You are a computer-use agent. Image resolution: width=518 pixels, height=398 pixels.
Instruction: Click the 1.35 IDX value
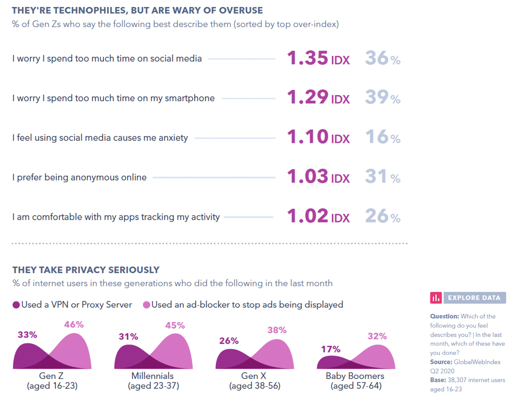[318, 59]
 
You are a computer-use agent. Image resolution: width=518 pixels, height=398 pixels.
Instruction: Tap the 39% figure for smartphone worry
[382, 98]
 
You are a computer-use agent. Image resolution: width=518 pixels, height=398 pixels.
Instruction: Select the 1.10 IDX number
[318, 138]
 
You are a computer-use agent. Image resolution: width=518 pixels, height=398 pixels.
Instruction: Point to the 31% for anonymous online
[382, 177]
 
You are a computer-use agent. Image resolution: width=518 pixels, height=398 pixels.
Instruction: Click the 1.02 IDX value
[318, 217]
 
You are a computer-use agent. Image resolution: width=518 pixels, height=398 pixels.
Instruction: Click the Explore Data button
[468, 297]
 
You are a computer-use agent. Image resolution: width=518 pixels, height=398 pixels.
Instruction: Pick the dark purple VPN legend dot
[16, 305]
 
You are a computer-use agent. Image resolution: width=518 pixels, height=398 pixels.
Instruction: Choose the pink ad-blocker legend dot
[146, 305]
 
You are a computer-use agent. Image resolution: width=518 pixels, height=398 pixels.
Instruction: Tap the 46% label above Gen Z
[74, 325]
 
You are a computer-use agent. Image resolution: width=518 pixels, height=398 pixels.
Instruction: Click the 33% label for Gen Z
[27, 335]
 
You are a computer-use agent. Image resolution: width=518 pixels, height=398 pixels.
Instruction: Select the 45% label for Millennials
[175, 325]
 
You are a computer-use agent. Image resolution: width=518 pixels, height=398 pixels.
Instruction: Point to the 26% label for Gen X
[229, 341]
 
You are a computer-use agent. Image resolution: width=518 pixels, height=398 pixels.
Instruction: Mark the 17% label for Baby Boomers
[331, 349]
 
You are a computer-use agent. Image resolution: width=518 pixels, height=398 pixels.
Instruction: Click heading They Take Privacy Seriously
[86, 270]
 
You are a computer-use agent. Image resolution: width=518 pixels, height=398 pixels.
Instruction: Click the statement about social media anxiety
[100, 138]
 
